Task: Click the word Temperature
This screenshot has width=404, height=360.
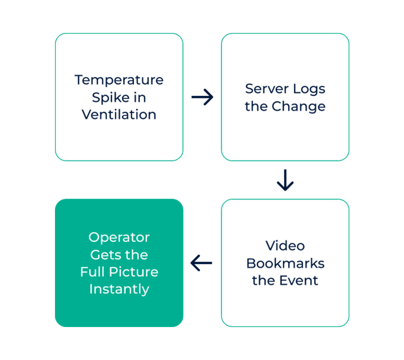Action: (119, 80)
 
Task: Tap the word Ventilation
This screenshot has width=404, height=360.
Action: (119, 115)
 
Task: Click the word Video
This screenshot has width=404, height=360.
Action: (285, 246)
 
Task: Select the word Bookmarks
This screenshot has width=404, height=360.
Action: (285, 263)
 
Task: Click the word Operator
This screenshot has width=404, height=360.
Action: (119, 238)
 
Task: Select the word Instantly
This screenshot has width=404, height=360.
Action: (119, 289)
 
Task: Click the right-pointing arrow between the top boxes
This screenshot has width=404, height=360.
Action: (202, 97)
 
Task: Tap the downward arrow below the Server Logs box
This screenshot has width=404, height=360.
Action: (285, 180)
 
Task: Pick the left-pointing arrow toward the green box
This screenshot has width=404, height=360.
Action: (201, 263)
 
